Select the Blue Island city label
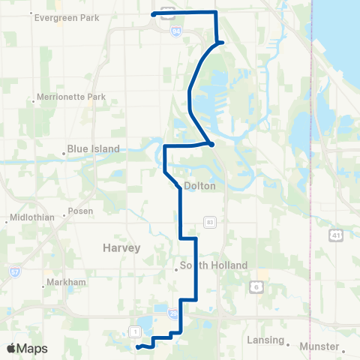click(93, 148)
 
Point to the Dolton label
click(199, 185)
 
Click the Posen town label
click(79, 211)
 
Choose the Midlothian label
click(30, 219)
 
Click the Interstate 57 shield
click(15, 269)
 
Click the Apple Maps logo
click(27, 348)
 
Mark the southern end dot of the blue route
click(138, 346)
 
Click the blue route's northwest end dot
click(154, 13)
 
